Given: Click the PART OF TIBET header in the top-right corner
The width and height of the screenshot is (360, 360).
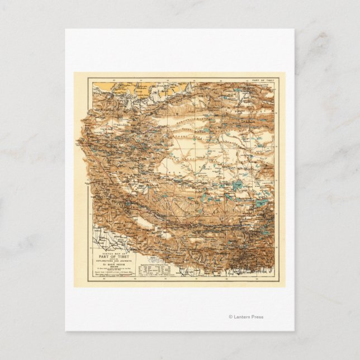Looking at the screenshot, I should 262,79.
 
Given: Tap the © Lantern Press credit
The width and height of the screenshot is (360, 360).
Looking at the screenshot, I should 246,317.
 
